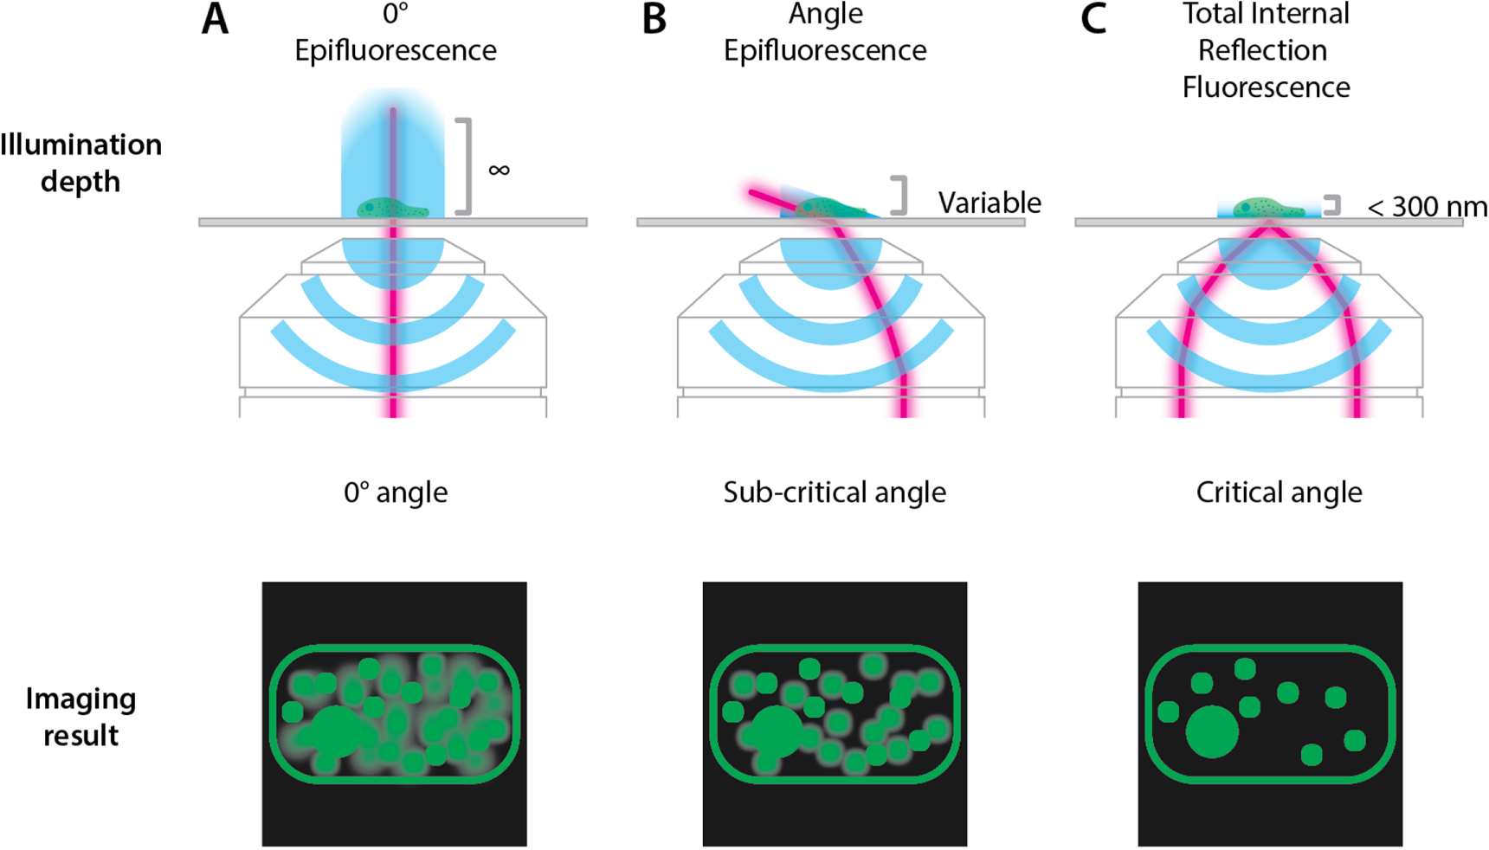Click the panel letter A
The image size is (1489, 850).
[216, 19]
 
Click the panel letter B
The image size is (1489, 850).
[654, 19]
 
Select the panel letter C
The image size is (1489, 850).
[1093, 19]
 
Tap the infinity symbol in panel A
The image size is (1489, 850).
[499, 170]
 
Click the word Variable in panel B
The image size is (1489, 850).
[989, 203]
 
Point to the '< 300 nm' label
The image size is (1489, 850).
[1427, 207]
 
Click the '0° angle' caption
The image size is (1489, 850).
[396, 493]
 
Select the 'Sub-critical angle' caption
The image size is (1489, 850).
[835, 493]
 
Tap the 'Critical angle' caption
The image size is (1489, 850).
[1279, 493]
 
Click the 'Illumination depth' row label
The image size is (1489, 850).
[81, 163]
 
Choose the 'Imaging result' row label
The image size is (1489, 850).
[81, 717]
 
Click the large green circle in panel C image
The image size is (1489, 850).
[1212, 731]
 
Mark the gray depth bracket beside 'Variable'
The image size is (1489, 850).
[901, 196]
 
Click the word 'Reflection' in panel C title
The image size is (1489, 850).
[1262, 50]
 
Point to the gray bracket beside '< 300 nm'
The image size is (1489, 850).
[1333, 205]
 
